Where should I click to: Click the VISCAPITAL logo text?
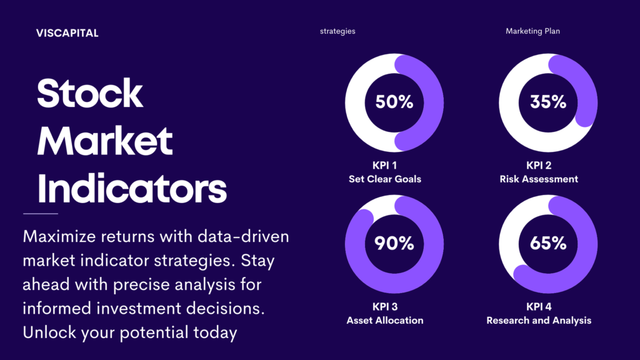click(x=67, y=33)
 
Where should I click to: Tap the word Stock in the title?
click(x=90, y=94)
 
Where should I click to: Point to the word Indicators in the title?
click(x=132, y=188)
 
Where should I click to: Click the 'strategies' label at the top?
click(x=337, y=31)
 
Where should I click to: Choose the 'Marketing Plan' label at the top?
click(x=532, y=31)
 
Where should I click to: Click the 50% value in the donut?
click(x=394, y=102)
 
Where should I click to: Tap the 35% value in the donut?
click(x=548, y=102)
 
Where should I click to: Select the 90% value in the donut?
click(x=394, y=243)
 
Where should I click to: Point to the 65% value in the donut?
click(x=548, y=243)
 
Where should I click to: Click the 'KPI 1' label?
click(x=384, y=165)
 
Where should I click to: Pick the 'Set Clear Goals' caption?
click(x=385, y=179)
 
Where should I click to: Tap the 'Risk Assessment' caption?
click(x=539, y=179)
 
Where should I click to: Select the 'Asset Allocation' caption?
click(x=385, y=321)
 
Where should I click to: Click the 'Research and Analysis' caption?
click(x=539, y=321)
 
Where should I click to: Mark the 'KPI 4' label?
click(x=539, y=306)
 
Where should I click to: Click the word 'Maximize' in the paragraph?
click(x=59, y=236)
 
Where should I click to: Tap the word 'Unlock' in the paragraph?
click(x=49, y=332)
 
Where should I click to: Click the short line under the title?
click(x=41, y=214)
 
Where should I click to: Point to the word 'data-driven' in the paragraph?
click(x=243, y=236)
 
